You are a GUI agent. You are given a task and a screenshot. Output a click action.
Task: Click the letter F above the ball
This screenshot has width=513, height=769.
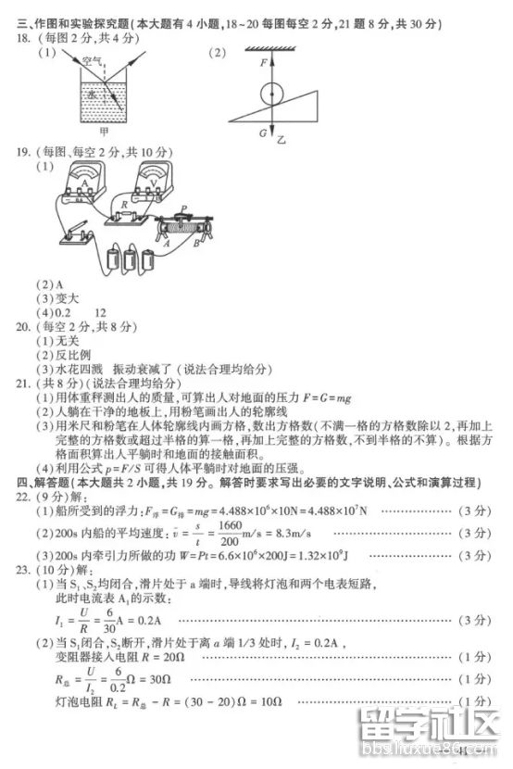point(263,63)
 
